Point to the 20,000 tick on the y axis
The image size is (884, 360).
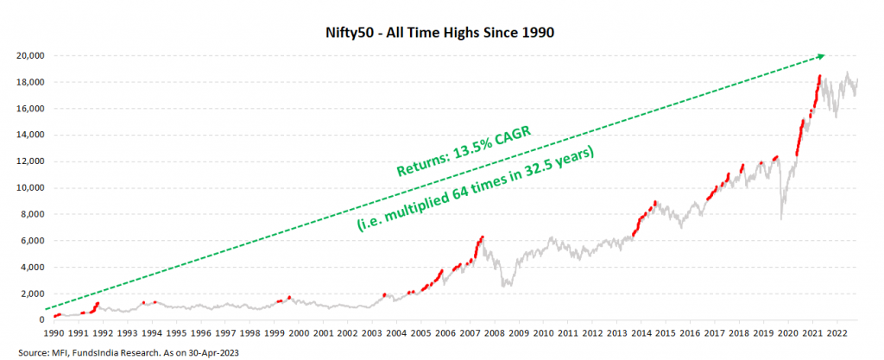[x=32, y=55]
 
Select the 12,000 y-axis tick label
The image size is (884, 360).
[x=32, y=161]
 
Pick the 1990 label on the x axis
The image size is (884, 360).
[x=54, y=332]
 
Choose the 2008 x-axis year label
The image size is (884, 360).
[x=494, y=332]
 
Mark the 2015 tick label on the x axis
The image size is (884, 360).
[x=665, y=332]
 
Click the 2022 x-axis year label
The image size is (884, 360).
[x=836, y=332]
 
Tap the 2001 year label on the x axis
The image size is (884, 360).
[x=323, y=332]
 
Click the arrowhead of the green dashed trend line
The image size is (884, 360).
[x=821, y=56]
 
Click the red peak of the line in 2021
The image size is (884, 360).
[x=819, y=76]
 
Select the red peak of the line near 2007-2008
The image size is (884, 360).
[x=483, y=237]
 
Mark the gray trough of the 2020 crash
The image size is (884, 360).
[x=780, y=218]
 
